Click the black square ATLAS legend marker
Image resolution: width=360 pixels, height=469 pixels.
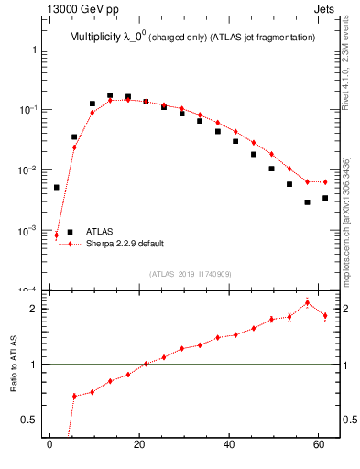coord(70,232)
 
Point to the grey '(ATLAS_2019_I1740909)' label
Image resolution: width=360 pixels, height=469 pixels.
coord(191,274)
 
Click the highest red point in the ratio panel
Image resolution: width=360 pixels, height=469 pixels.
coord(307,302)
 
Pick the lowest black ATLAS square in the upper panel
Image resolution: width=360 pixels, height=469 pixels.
coord(307,202)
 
